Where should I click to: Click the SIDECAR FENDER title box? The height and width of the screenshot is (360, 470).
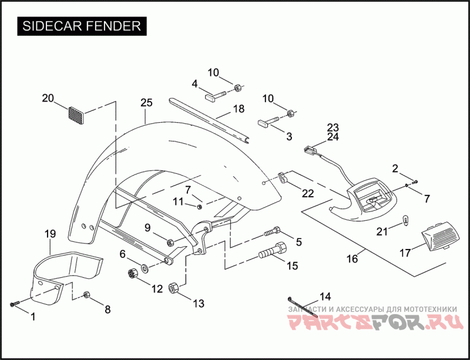click(81, 26)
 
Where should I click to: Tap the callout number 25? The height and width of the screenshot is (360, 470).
click(146, 103)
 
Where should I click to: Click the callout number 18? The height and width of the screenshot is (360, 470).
click(238, 109)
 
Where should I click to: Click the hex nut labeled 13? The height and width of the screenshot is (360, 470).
click(174, 288)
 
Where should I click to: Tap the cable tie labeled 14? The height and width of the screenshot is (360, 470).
click(303, 307)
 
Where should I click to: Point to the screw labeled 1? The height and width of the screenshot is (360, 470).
click(15, 304)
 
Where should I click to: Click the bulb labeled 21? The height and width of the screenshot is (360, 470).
click(404, 221)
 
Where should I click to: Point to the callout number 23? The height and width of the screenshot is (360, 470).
click(333, 127)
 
